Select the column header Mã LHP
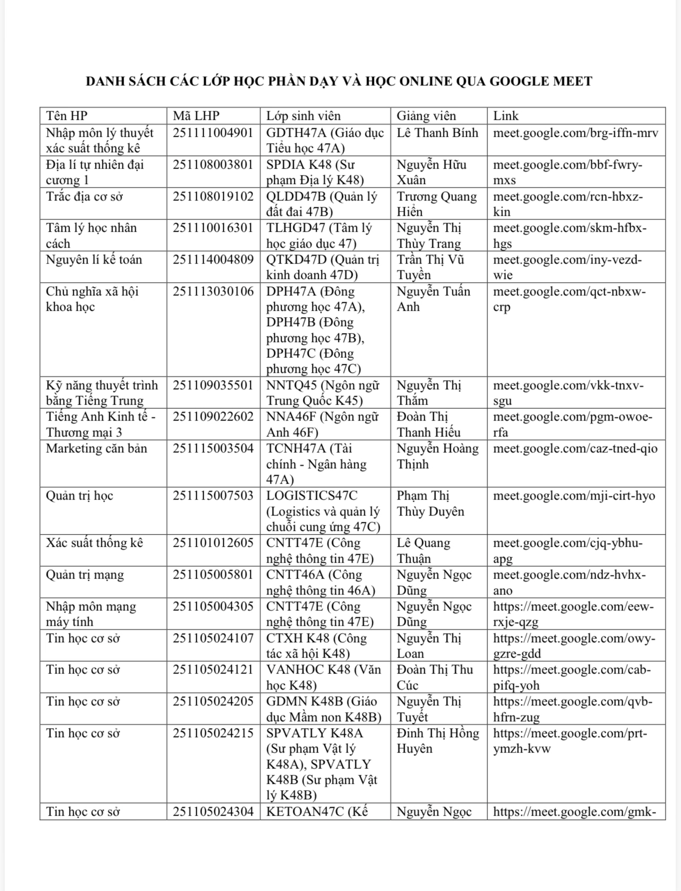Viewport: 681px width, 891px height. point(196,116)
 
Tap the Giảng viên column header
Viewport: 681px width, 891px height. point(426,116)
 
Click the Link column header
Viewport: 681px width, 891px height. point(505,116)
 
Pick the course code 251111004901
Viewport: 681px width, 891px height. point(213,133)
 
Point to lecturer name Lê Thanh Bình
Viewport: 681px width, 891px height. point(437,133)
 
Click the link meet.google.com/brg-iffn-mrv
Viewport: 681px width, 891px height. point(575,133)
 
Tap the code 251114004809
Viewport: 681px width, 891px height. point(213,259)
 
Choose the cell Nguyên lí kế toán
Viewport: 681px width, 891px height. point(94,259)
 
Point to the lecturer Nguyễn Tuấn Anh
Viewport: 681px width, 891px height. point(433,299)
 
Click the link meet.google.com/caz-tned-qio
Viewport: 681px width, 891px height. point(575,449)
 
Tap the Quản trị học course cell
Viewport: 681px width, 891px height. point(80,495)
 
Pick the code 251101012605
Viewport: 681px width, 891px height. point(213,543)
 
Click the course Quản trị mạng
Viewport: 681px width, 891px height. point(85,574)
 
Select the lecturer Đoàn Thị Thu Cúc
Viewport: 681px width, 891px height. point(434,677)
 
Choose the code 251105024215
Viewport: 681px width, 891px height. point(213,733)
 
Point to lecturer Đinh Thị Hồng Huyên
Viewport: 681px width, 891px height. point(438,740)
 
